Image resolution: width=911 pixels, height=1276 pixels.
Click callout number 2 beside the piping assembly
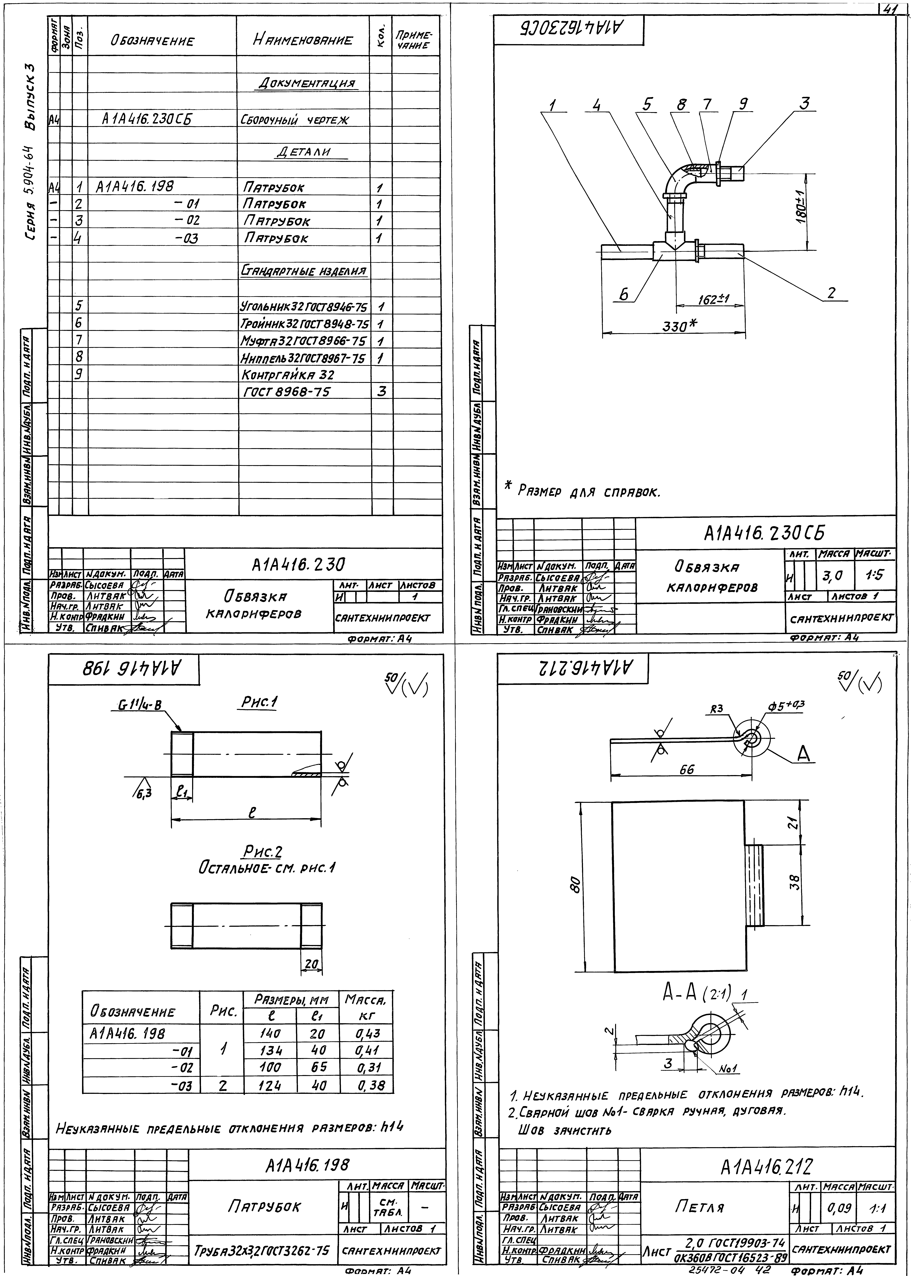(832, 293)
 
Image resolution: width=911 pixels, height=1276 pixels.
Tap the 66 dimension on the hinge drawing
(687, 770)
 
